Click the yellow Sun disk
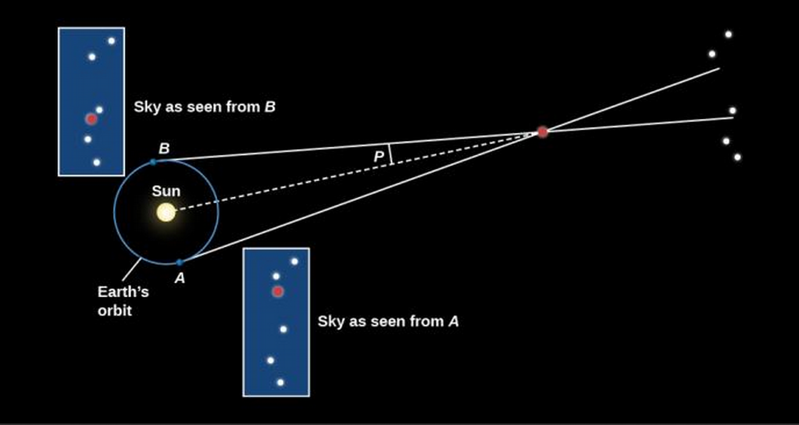click(x=166, y=212)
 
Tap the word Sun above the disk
click(x=166, y=191)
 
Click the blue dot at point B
click(x=153, y=162)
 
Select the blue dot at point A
click(x=180, y=263)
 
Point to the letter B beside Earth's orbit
click(x=164, y=148)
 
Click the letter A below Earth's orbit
click(x=180, y=278)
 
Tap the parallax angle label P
click(x=379, y=156)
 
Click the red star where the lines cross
click(x=542, y=132)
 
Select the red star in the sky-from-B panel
click(x=91, y=119)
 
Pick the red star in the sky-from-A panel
click(x=278, y=292)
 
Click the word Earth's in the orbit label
click(x=123, y=292)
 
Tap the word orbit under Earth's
click(x=115, y=311)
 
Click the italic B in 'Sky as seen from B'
click(x=270, y=107)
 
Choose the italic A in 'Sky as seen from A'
click(x=453, y=322)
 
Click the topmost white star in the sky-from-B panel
click(x=111, y=41)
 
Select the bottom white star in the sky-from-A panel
click(x=280, y=383)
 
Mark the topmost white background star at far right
click(x=729, y=34)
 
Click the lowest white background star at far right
click(x=737, y=157)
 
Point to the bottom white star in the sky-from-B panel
click(x=97, y=162)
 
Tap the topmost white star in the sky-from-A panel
click(x=294, y=262)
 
